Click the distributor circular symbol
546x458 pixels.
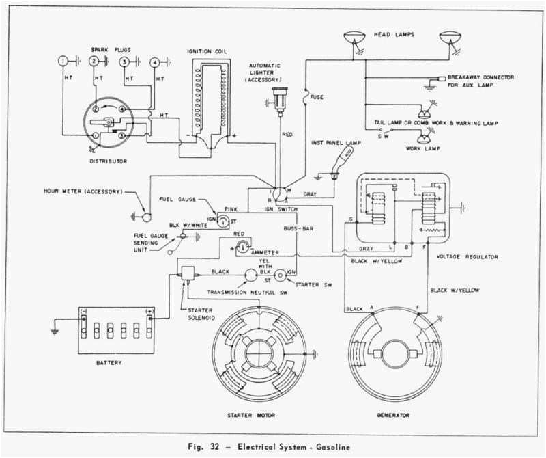[109, 122]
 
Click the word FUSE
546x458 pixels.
[317, 97]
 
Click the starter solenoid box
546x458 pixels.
[185, 272]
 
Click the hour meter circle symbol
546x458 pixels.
[145, 217]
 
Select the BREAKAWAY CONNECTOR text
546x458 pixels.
[482, 77]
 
